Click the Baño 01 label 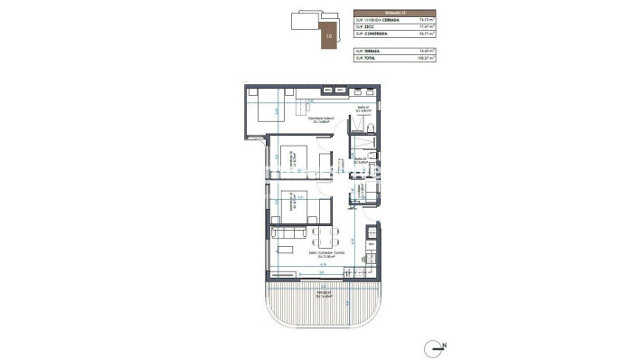point(362,110)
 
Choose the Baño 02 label point(360,161)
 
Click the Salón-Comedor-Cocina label point(320,256)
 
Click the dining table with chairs point(324,241)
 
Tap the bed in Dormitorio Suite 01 point(267,114)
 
